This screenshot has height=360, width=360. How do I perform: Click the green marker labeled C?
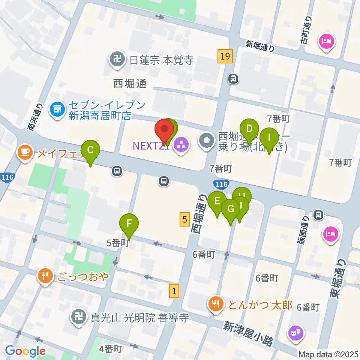tap(90, 149)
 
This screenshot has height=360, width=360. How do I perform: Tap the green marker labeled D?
tap(249, 129)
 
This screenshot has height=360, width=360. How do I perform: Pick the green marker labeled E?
tap(217, 201)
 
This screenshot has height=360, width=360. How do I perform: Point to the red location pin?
tap(164, 129)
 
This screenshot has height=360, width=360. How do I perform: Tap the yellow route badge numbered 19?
tap(225, 56)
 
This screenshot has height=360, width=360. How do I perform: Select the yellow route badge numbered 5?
tap(184, 219)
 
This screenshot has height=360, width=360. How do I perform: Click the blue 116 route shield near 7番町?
tap(221, 184)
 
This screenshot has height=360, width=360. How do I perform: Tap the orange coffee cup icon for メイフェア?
tap(25, 152)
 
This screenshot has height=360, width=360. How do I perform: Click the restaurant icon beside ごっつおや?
tap(46, 277)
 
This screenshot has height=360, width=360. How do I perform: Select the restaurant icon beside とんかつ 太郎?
tap(216, 303)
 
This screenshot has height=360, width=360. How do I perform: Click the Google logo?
tap(25, 351)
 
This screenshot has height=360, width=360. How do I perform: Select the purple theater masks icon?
tap(295, 333)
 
